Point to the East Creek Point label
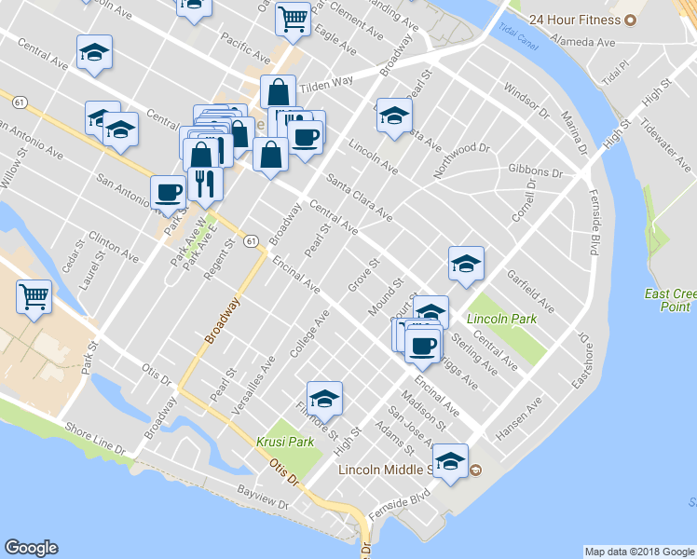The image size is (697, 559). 668,300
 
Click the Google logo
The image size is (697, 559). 32,548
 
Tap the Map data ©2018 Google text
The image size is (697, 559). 639,552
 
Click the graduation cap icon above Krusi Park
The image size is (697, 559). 324,399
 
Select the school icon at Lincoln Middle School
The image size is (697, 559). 450,461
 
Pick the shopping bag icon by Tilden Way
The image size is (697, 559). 278,92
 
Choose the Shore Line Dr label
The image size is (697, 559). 95,439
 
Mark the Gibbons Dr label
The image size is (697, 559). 536,172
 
